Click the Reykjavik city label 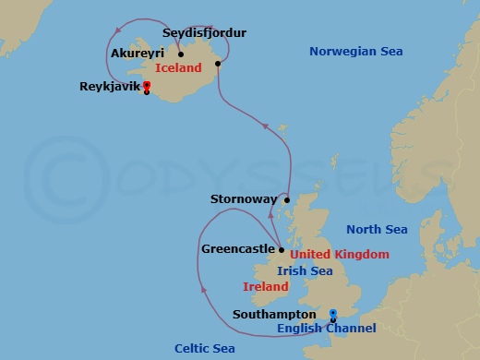[x=111, y=90]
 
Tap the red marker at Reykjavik [x=147, y=88]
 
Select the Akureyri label [x=137, y=54]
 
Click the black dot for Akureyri [x=181, y=54]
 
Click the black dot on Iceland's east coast [x=218, y=64]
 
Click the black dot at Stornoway [x=287, y=199]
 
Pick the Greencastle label [x=237, y=249]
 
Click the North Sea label [x=376, y=230]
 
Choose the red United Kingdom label [x=339, y=254]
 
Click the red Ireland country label [x=267, y=287]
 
